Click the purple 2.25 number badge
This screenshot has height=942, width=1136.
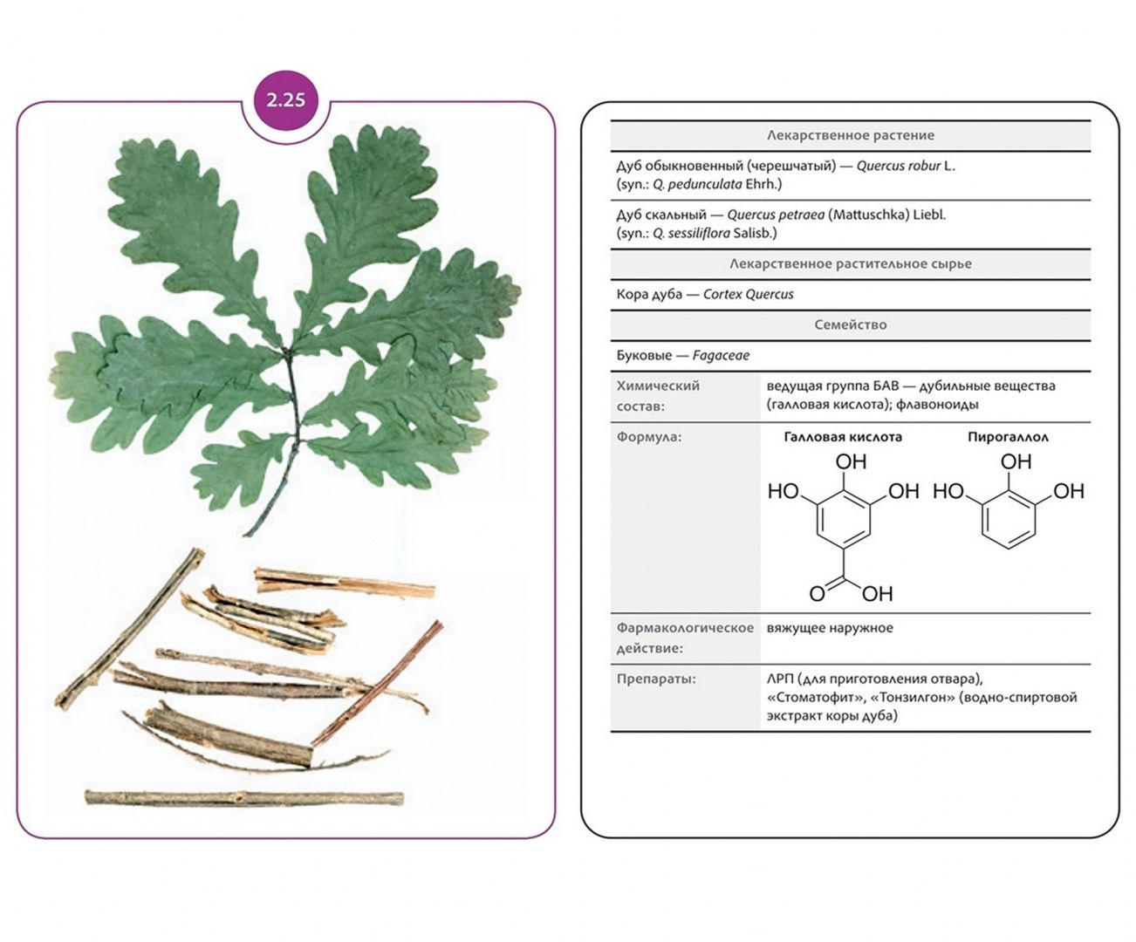[x=286, y=100]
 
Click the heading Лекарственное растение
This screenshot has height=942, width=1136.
[x=851, y=135]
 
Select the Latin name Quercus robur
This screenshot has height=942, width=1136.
[x=899, y=166]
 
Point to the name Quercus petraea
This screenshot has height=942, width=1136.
[x=776, y=215]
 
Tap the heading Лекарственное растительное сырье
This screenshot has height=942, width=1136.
[x=851, y=263]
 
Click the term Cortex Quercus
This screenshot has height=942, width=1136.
[x=748, y=294]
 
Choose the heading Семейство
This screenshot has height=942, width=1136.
[x=851, y=324]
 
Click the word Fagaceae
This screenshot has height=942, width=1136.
[x=721, y=356]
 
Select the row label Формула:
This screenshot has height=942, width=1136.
[x=648, y=437]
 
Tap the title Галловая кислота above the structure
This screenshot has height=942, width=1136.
[x=843, y=437]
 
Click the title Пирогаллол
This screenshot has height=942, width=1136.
[x=1008, y=437]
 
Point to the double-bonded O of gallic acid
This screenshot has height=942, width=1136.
[x=817, y=593]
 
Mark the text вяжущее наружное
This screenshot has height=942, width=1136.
[x=830, y=628]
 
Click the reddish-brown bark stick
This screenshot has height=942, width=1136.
[x=377, y=683]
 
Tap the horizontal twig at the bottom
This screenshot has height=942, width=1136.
[x=244, y=798]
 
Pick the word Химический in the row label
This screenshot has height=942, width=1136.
[x=658, y=386]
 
